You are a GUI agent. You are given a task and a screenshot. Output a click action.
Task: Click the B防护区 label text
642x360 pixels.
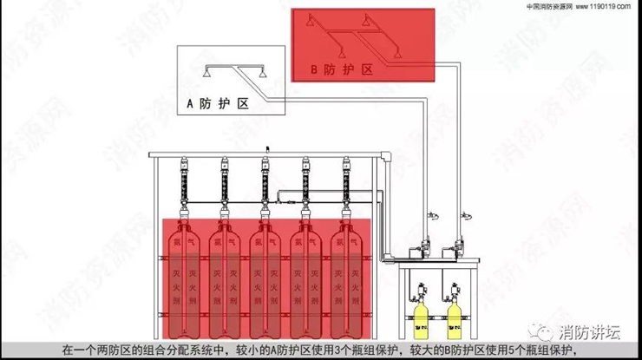tap(342, 67)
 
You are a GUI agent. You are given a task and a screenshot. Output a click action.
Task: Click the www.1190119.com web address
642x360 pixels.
tap(604, 5)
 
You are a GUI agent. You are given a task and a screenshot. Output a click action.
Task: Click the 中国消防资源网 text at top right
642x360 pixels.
tap(548, 5)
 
